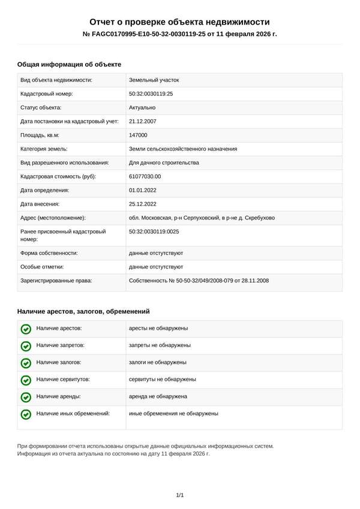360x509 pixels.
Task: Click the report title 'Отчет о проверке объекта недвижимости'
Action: tap(179, 22)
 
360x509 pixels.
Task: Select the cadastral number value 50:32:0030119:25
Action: tap(151, 94)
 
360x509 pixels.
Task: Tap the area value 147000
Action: tap(138, 135)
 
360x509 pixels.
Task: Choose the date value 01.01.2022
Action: tap(142, 190)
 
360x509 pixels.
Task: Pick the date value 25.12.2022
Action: tap(142, 204)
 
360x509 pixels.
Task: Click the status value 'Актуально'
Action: tap(142, 107)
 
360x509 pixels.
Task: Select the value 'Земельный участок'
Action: tap(154, 80)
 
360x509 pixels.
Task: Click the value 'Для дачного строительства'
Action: tap(164, 162)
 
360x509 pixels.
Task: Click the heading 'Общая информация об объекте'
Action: tap(69, 64)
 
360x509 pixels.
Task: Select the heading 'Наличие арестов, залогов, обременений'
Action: tap(83, 311)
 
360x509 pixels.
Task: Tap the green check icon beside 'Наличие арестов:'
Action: tap(26, 329)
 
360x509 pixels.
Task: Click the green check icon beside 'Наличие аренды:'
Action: tap(26, 397)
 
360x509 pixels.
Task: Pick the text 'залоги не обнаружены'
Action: tap(158, 362)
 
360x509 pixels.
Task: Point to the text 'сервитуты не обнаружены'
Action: tap(163, 380)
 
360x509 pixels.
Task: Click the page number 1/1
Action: tap(179, 495)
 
